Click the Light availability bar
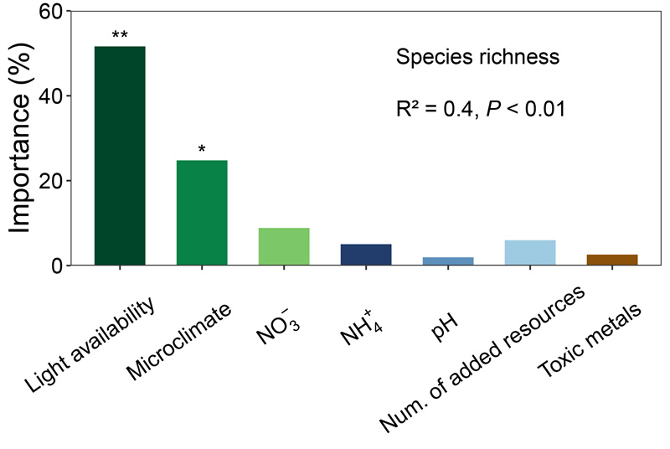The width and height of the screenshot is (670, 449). (x=120, y=156)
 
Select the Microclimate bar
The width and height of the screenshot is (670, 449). (x=202, y=213)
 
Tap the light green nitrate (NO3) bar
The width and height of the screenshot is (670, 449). (x=284, y=246)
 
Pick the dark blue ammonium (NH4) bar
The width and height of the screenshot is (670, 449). (x=366, y=255)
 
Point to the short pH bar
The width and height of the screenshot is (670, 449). (x=448, y=261)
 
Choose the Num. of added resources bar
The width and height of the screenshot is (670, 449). (x=530, y=253)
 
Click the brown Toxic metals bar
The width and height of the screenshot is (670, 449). (x=612, y=260)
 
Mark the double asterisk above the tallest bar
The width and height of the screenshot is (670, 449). (x=120, y=36)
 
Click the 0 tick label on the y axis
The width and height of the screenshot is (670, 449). (x=57, y=266)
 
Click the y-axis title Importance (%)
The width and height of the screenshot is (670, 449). (x=24, y=138)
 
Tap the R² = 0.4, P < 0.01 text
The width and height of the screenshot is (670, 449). (x=482, y=109)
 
